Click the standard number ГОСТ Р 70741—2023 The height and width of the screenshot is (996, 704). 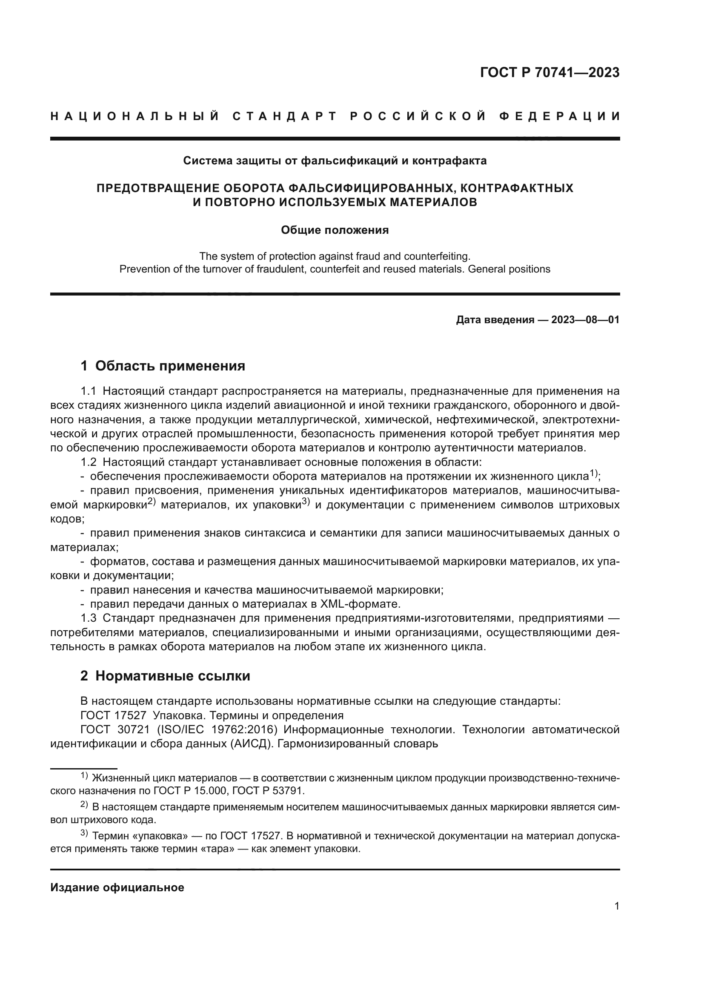(549, 72)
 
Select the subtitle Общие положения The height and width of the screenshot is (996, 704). (335, 230)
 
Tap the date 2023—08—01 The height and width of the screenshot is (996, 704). (585, 320)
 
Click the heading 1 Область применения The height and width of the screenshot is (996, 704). (163, 366)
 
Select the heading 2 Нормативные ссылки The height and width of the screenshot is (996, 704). (165, 676)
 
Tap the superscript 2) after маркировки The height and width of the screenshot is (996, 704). (151, 502)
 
